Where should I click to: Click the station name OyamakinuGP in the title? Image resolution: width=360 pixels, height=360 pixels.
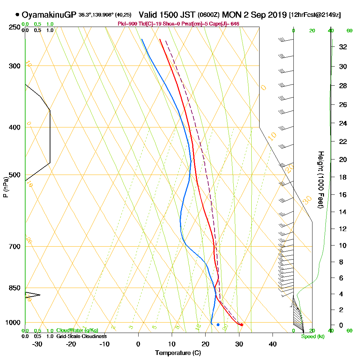coord(49,15)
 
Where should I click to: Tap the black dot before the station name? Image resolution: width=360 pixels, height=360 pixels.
coord(17,15)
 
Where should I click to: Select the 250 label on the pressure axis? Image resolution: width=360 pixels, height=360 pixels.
coord(14,27)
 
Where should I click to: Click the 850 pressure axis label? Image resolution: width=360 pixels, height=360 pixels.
coord(14,288)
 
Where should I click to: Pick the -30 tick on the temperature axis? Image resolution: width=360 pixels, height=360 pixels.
coord(37,343)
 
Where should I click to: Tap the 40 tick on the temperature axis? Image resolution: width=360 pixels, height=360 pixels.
coord(273,343)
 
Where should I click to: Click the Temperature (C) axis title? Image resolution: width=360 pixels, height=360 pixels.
coord(178,353)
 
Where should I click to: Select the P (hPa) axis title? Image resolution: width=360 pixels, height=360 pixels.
coord(5,187)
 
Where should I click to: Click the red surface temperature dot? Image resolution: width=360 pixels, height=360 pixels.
coord(242,325)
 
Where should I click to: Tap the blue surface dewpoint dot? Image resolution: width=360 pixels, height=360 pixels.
coord(218,325)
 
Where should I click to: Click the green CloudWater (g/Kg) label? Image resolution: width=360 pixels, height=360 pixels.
coord(77,330)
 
